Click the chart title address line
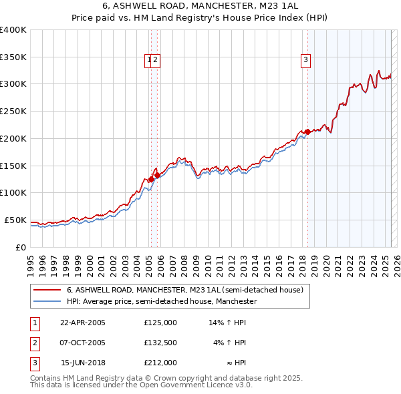pos(200,7)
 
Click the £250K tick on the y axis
pos(13,111)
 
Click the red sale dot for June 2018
pos(307,132)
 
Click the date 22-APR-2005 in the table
pos(83,323)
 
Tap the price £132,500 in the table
pos(160,343)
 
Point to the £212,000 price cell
pos(160,363)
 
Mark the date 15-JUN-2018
pos(83,363)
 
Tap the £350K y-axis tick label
pos(13,57)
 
